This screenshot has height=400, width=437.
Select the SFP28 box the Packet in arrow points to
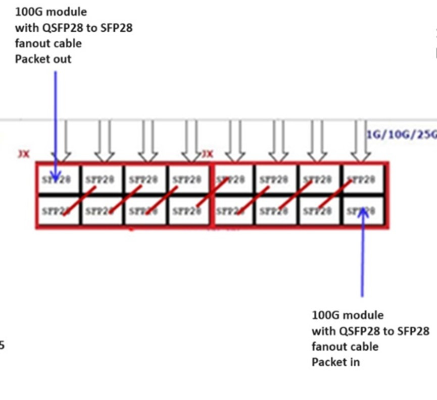(x=363, y=211)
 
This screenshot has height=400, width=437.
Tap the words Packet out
(x=43, y=59)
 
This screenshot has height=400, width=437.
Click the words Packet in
(x=335, y=362)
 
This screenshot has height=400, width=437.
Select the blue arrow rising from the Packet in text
(x=362, y=252)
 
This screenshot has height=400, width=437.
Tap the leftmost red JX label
(x=24, y=154)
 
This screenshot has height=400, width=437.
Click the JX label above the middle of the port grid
(x=207, y=154)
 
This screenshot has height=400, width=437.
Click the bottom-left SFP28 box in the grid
(x=59, y=211)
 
